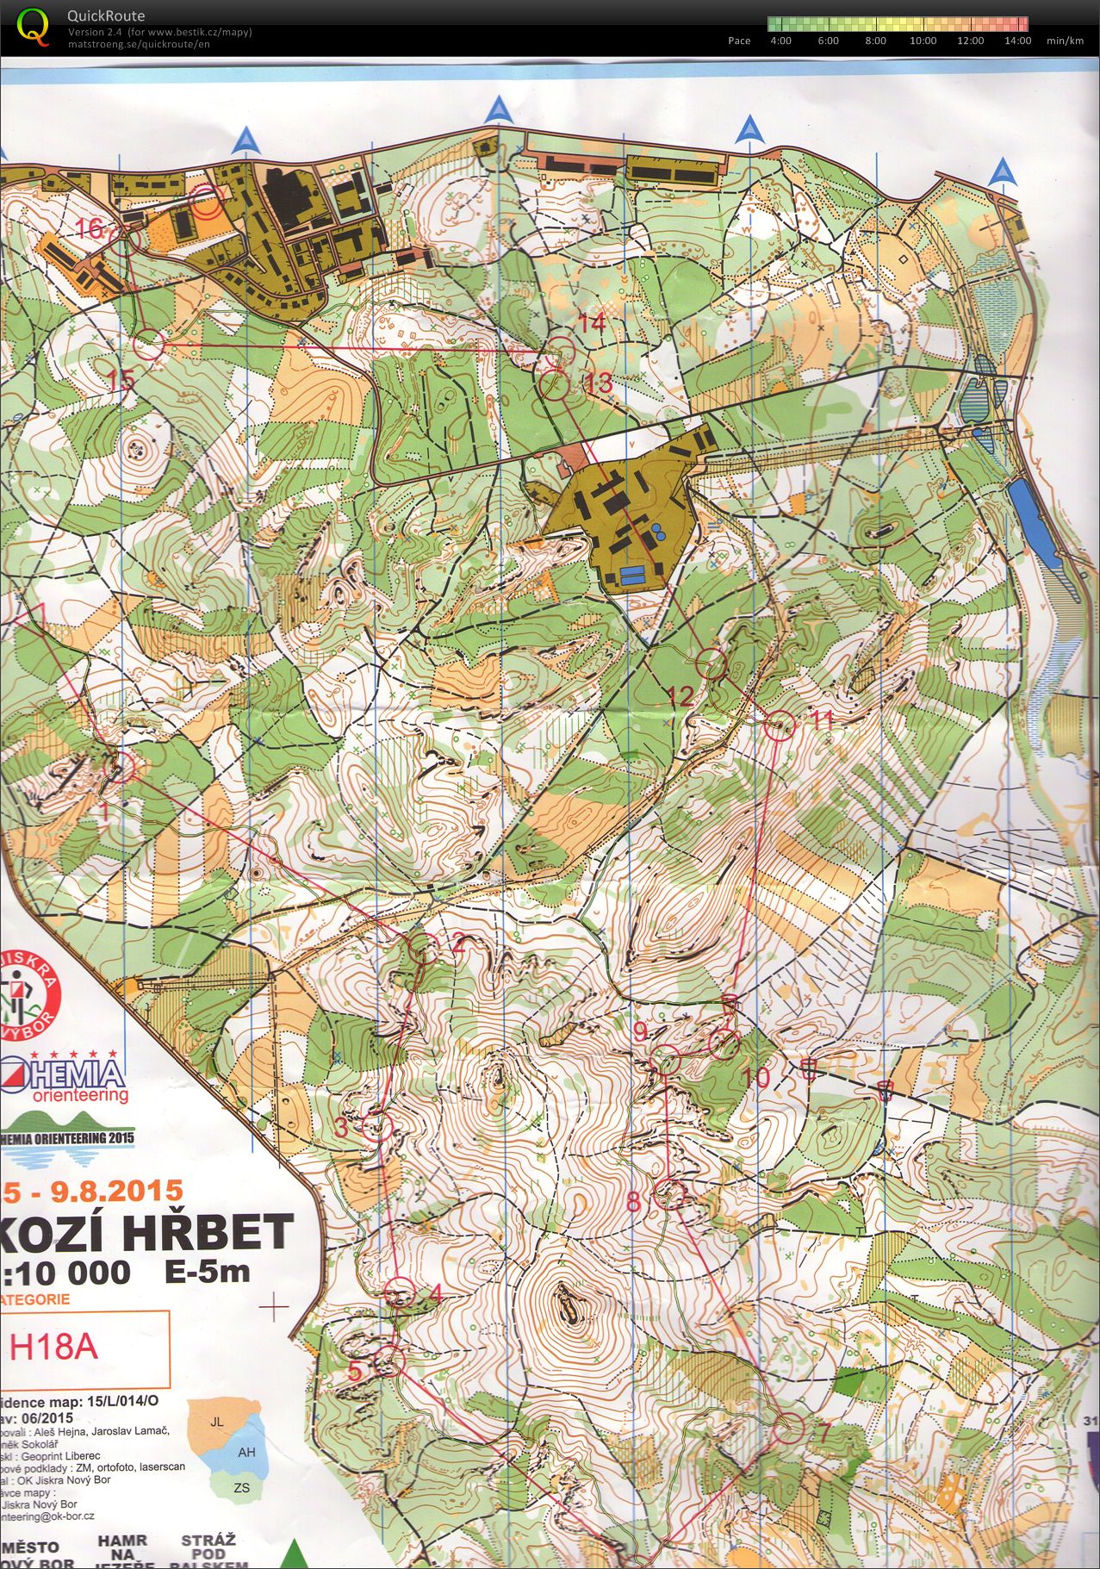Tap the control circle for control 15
click(148, 344)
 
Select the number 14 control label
click(592, 323)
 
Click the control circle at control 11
click(779, 726)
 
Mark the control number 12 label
click(680, 695)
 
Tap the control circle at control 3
click(376, 1126)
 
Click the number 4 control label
click(435, 1294)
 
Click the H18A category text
click(54, 1347)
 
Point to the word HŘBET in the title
click(207, 1233)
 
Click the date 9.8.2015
click(116, 1191)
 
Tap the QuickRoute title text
click(106, 16)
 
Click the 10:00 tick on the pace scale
click(923, 40)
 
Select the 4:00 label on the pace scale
click(780, 40)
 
